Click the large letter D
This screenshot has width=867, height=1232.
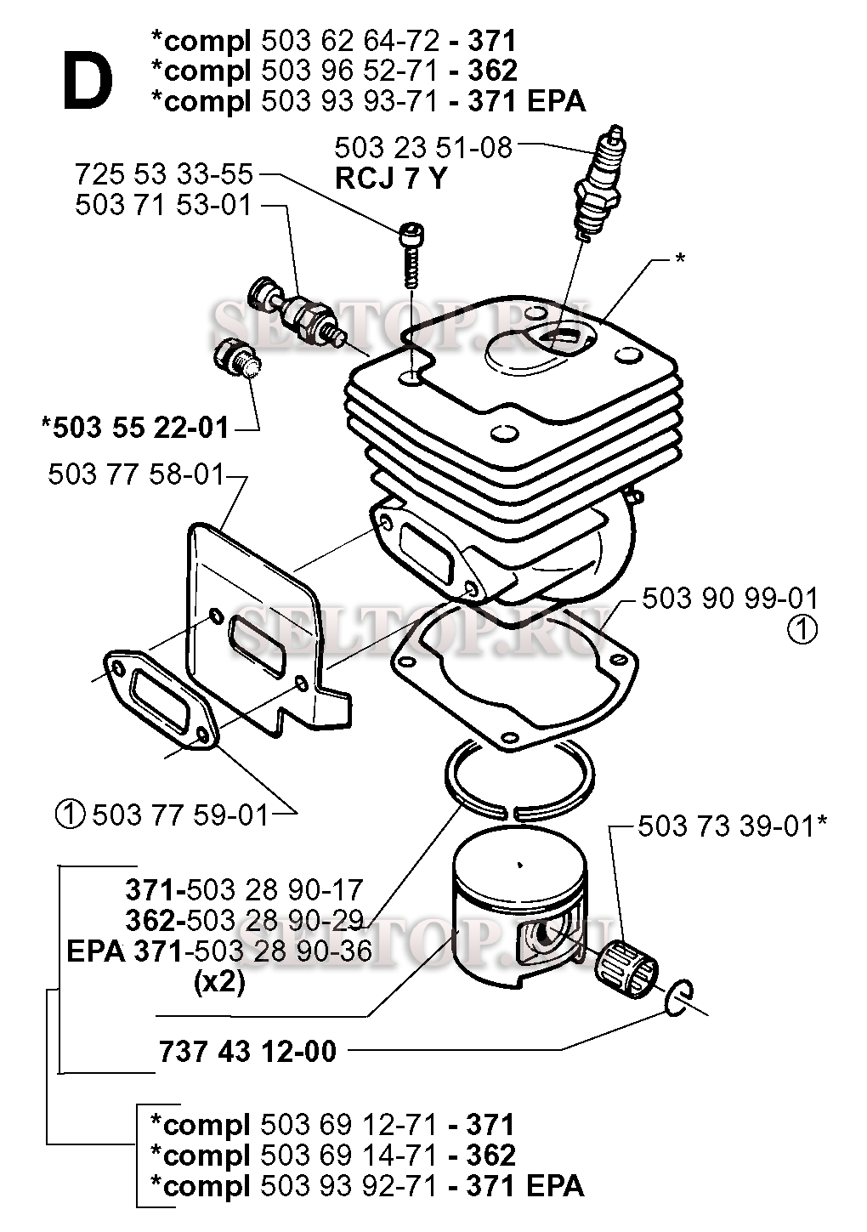point(87,79)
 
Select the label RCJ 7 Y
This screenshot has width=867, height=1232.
point(389,179)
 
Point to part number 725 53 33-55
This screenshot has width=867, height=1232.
point(164,175)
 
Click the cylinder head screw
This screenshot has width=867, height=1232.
point(410,247)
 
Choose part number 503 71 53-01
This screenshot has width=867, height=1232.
point(163,206)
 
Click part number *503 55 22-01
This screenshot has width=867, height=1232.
point(135,427)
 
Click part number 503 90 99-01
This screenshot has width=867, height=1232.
point(729,598)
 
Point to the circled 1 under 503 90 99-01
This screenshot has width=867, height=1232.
point(801,631)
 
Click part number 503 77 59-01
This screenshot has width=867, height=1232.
point(180,815)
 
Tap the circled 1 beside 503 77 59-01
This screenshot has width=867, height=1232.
point(69,815)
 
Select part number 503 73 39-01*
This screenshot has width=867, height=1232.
point(732,826)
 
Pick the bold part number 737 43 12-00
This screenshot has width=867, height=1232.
point(247,1051)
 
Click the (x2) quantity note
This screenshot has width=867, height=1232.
point(219,982)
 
